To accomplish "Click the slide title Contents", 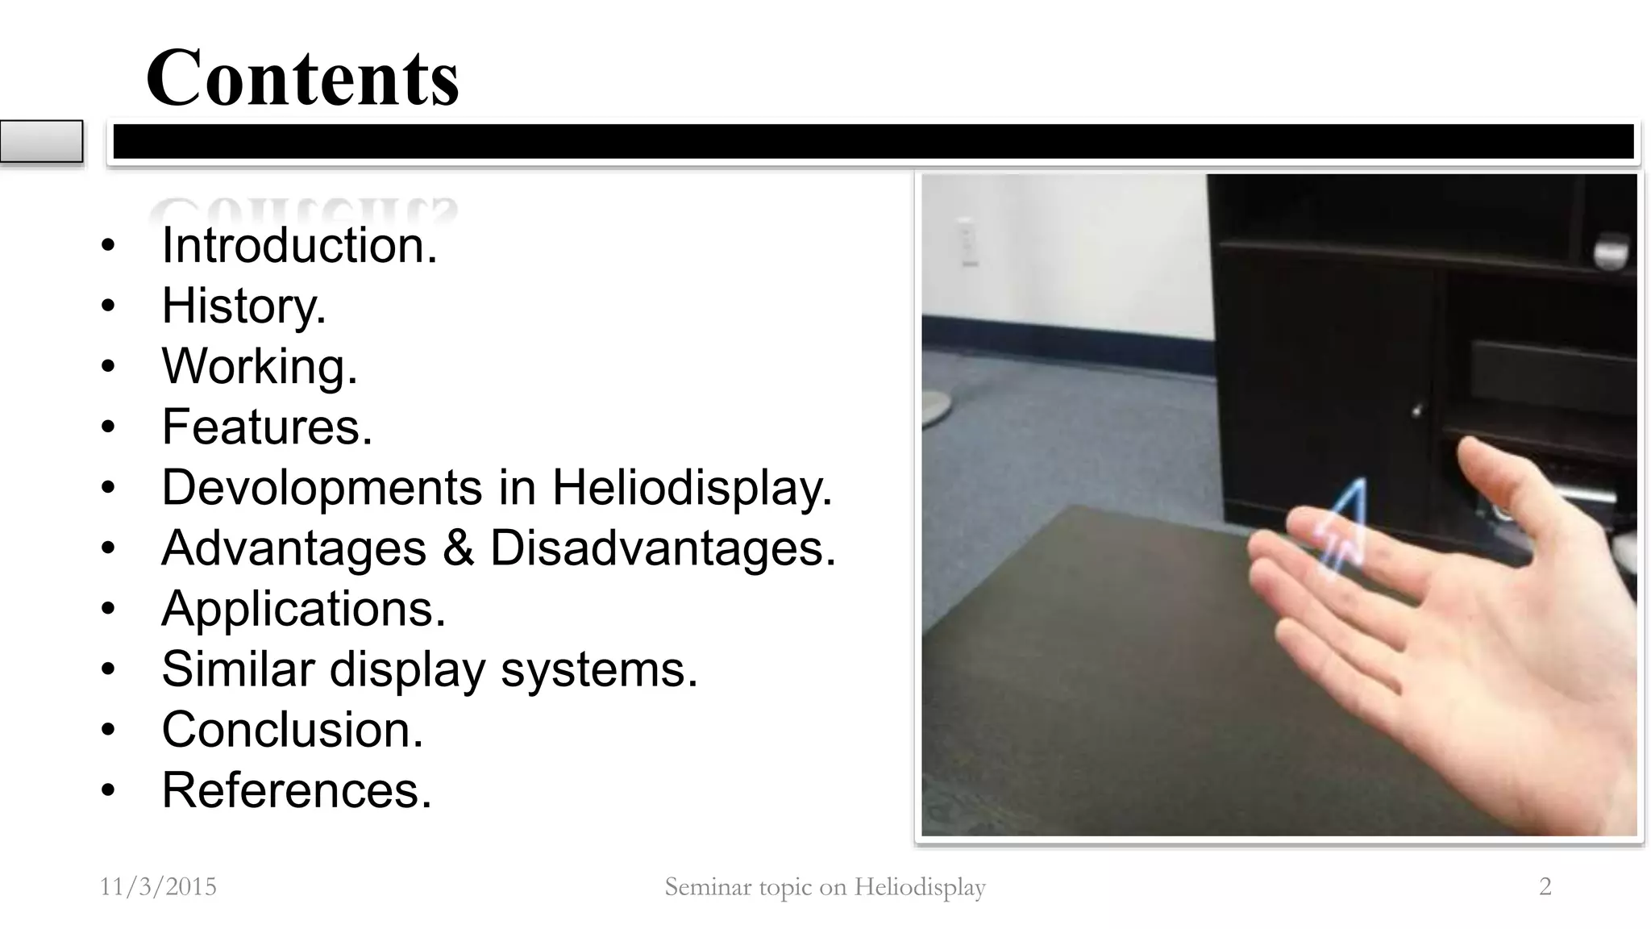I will point(302,77).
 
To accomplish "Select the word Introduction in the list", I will point(299,245).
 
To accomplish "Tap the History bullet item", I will point(243,306).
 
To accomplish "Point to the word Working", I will point(259,366).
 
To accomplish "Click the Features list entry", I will point(267,427).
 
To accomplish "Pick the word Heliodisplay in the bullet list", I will point(692,488).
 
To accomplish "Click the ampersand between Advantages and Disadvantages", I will point(458,548).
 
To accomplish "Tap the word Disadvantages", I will point(663,548).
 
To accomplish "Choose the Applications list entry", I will point(303,609).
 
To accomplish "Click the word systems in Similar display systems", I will point(599,669).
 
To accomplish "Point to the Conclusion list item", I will point(292,730).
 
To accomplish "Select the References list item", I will point(297,790).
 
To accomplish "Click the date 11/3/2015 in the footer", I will point(158,887).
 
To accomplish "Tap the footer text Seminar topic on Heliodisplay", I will point(825,887).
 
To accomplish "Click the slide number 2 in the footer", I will point(1545,887).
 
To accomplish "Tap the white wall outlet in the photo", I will point(967,243).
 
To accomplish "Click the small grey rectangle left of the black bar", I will point(41,141).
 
